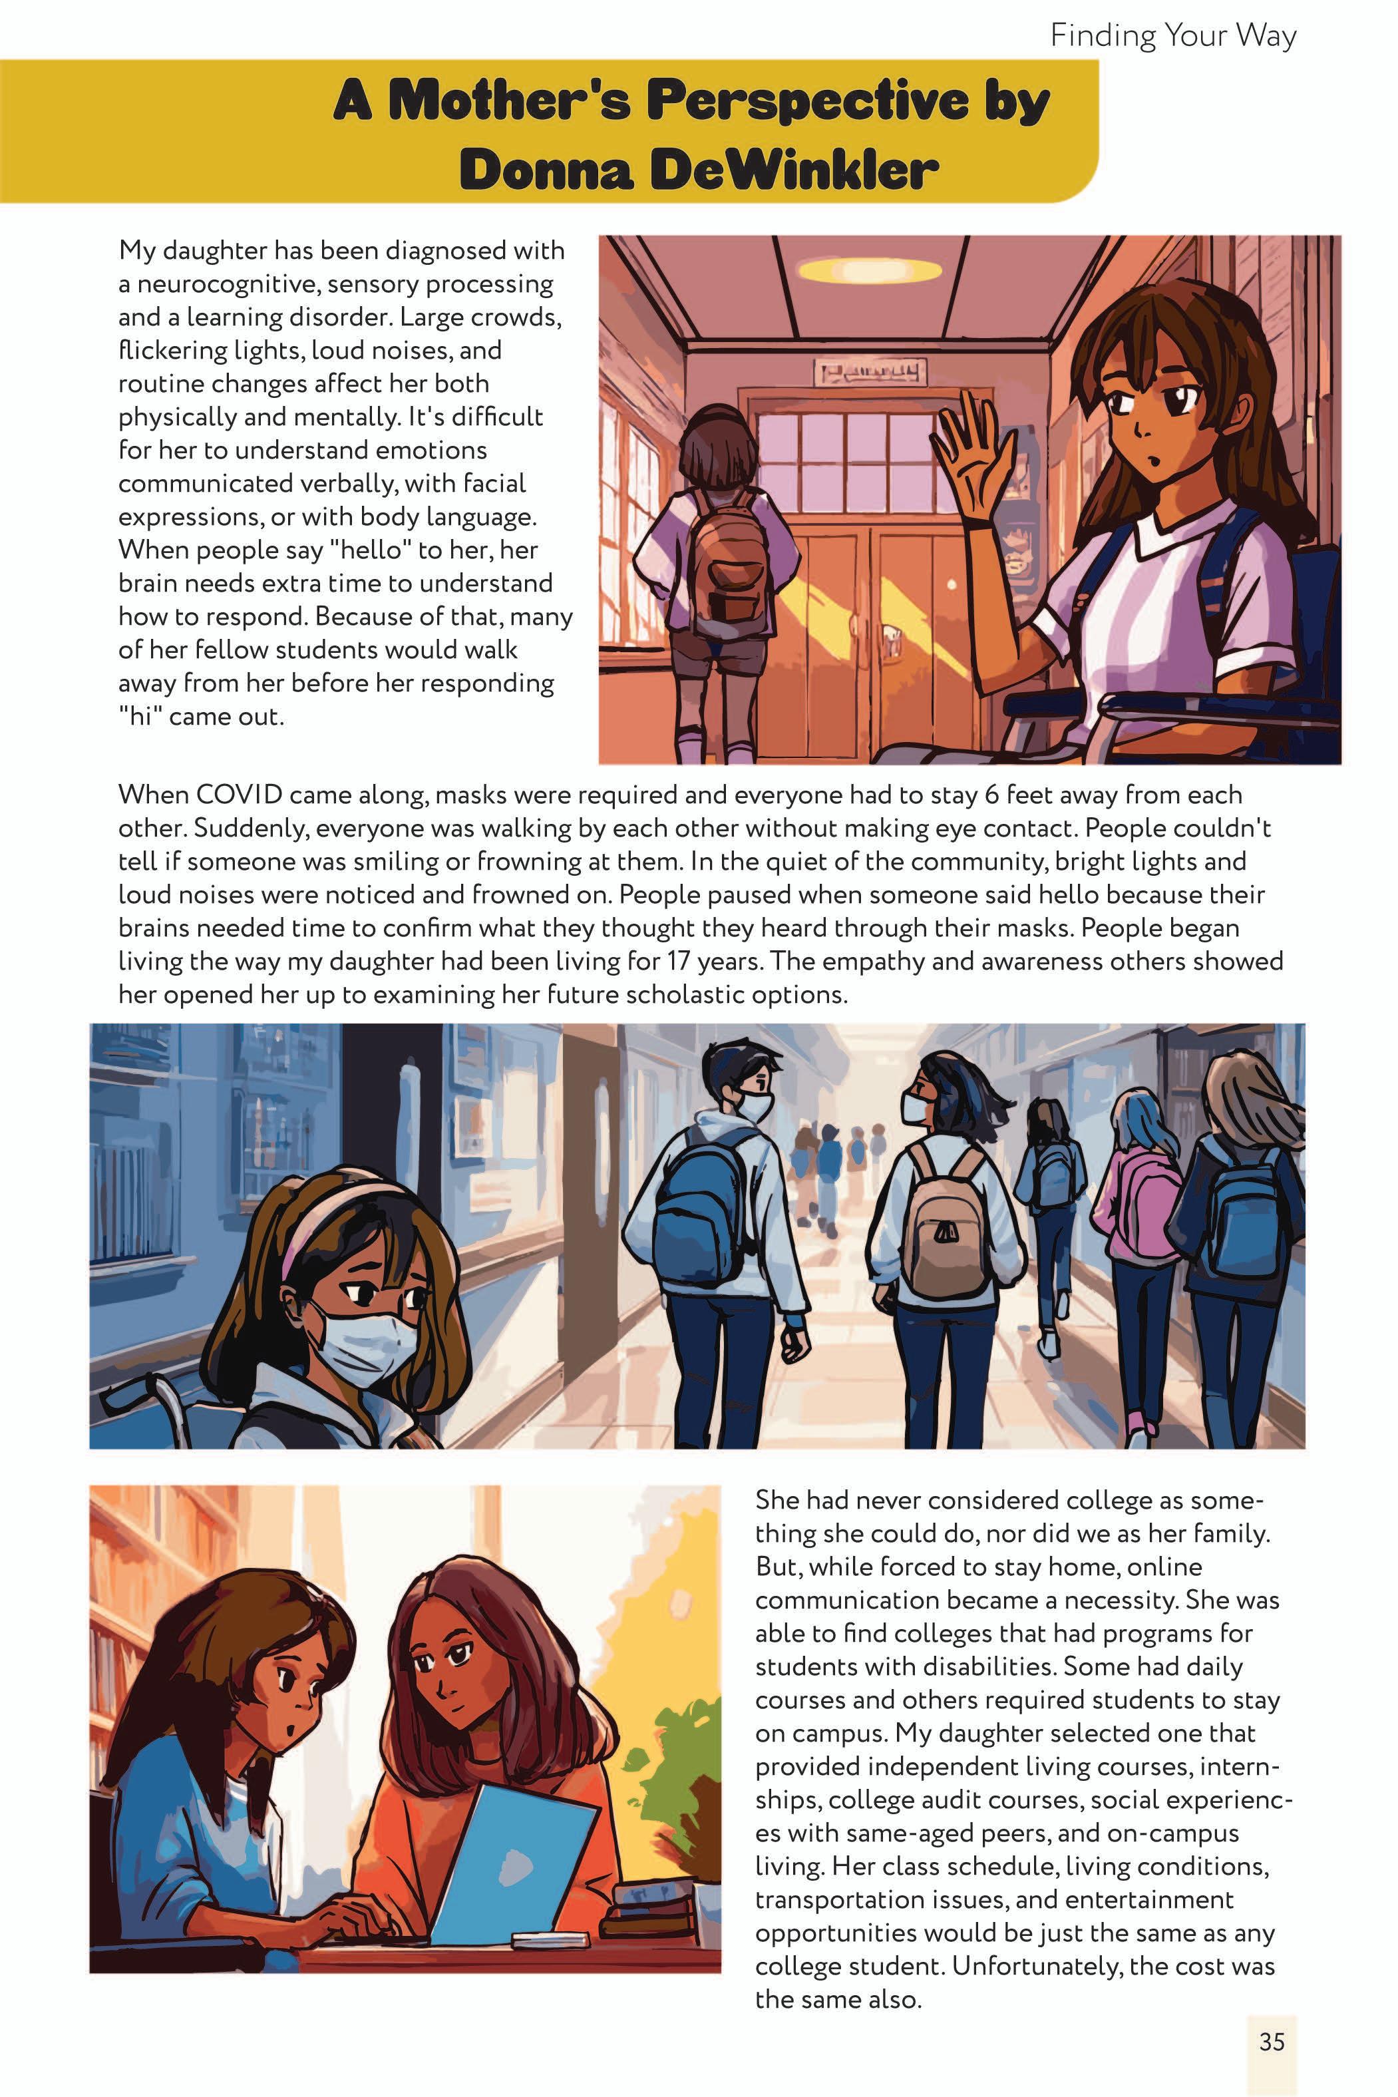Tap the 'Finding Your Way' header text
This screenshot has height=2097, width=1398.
1172,37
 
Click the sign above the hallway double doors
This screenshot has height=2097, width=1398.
869,370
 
